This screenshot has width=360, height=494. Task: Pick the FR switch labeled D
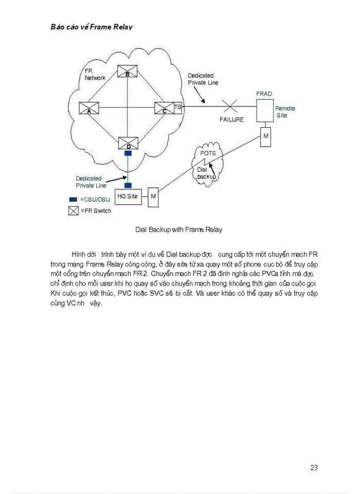click(129, 143)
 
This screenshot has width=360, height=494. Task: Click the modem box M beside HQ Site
click(153, 197)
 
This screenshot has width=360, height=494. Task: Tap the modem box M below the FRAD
click(265, 136)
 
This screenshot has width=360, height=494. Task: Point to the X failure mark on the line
click(230, 107)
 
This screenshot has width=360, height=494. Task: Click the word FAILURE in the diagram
click(232, 119)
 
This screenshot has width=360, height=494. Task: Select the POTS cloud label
click(208, 153)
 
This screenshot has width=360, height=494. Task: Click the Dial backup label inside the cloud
click(205, 173)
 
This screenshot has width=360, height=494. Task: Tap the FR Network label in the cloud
click(95, 75)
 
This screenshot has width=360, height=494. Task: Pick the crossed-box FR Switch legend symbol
click(74, 210)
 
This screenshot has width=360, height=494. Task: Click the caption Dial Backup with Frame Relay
click(178, 230)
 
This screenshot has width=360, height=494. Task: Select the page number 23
click(314, 467)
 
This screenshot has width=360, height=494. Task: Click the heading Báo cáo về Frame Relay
click(92, 26)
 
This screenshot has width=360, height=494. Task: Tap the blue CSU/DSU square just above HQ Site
click(128, 185)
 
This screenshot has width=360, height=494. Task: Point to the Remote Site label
click(285, 112)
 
